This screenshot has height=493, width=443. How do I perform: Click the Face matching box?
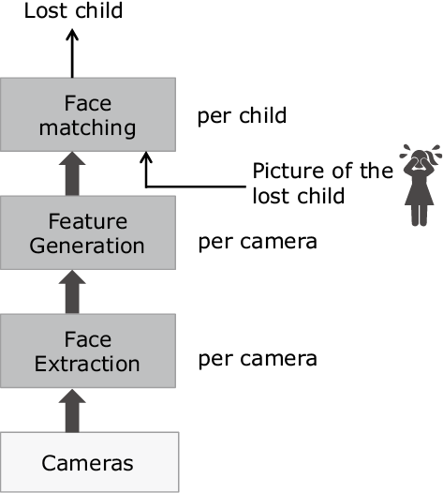pos(88,114)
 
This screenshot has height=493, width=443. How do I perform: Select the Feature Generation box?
pos(88,232)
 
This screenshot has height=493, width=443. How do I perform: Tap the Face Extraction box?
pos(88,351)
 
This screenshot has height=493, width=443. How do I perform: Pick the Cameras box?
pos(89,462)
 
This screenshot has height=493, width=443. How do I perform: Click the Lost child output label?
pos(73,10)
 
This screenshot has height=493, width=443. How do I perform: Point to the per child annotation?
pos(242,116)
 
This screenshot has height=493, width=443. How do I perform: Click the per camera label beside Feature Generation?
pos(258,242)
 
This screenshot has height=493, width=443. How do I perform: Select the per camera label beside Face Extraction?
pos(258,359)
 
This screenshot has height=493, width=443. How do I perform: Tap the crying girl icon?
pos(421,186)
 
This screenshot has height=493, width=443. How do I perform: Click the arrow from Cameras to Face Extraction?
pos(72,411)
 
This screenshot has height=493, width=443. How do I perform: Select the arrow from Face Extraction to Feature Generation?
pos(72,292)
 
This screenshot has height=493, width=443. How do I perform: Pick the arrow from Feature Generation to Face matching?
pos(72,174)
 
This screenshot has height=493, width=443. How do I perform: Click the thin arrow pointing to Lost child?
pos(72,53)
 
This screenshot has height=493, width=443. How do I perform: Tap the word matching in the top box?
pos(87,128)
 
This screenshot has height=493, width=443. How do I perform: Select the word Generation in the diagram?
pos(87,246)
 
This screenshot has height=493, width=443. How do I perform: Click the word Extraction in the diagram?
pos(87,364)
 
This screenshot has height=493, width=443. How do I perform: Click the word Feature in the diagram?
pos(88,221)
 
